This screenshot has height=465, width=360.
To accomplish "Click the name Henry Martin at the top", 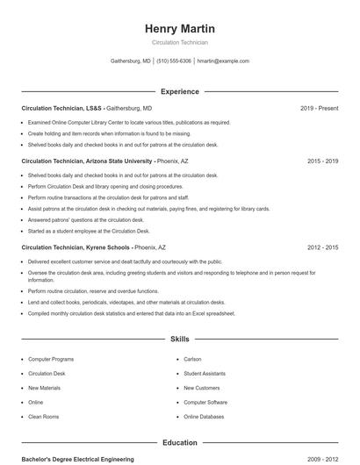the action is tap(179, 28).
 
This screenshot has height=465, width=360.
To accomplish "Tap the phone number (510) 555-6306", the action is tap(174, 61).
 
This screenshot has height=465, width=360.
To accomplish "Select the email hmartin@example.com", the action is tap(223, 61).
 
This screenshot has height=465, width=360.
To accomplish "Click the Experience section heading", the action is tap(179, 91).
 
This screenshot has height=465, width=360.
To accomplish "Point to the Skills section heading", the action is tap(179, 339).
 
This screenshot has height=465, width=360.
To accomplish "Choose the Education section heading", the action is tap(179, 443).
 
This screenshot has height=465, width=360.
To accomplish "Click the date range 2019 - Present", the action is tap(319, 108).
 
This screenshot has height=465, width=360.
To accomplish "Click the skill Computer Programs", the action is tap(51, 359).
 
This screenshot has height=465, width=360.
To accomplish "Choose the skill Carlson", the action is tap(192, 359).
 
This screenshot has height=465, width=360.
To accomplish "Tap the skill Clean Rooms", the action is tap(44, 417).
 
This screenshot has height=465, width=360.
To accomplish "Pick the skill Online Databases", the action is tap(205, 417).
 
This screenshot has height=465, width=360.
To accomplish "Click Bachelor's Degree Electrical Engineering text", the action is tap(78, 459).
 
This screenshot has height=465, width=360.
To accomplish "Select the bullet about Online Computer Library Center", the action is tap(129, 123).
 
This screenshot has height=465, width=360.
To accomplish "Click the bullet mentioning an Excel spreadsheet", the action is tap(130, 313).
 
